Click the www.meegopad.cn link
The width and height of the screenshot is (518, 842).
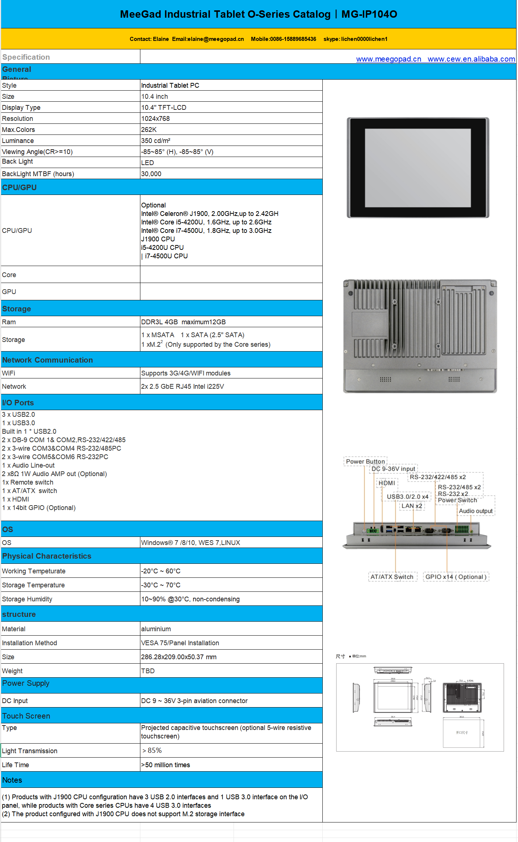point(388,59)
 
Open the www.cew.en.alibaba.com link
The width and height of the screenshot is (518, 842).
point(471,59)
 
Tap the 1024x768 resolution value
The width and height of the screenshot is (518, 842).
point(155,119)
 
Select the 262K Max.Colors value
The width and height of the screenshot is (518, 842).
point(149,130)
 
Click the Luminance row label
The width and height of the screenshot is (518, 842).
point(18,141)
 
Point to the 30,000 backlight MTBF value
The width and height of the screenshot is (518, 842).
point(151,174)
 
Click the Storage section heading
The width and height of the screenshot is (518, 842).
point(17,309)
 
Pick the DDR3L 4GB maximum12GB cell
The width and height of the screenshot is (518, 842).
point(183,322)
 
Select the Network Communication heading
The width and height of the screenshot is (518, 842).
point(48,360)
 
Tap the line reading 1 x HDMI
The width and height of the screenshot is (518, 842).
point(15,499)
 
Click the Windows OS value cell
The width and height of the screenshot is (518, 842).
point(190,543)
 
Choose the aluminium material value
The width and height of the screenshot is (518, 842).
point(156,629)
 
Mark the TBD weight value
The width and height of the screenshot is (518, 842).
point(148,671)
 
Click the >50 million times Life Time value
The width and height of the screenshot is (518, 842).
point(165,765)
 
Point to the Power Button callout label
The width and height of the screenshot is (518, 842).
point(365,461)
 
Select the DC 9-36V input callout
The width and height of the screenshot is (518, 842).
point(393,469)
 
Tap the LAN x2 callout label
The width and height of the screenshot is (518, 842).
point(412,506)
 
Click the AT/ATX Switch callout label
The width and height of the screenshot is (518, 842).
point(392,577)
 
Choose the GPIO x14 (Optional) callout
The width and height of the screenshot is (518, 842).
point(456,577)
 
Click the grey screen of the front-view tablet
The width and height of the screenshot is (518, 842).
point(418,168)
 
